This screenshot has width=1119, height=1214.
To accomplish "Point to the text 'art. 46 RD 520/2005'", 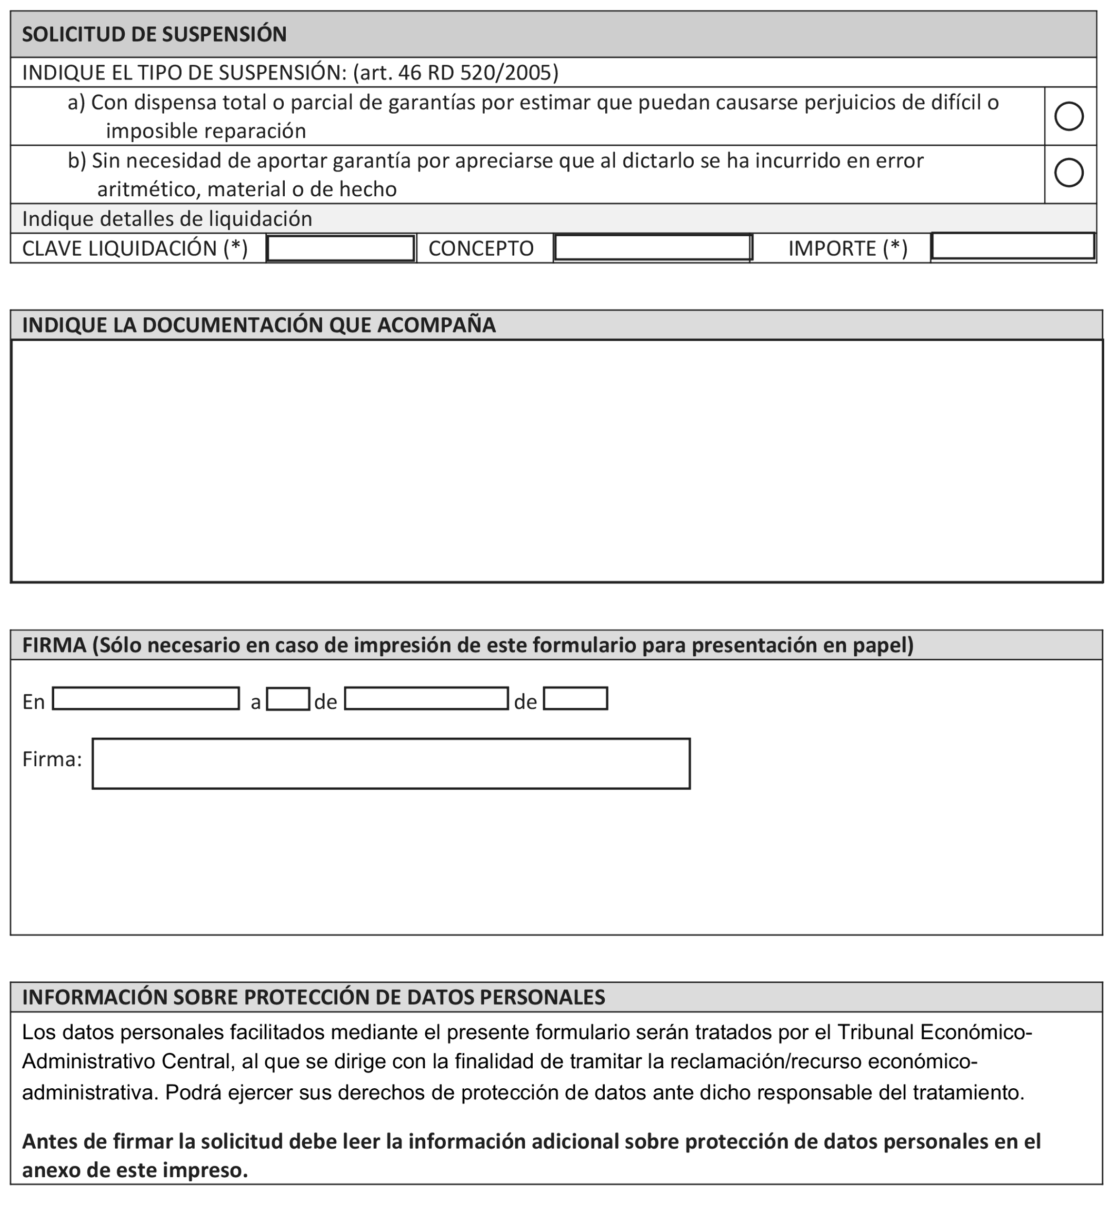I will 455,73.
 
